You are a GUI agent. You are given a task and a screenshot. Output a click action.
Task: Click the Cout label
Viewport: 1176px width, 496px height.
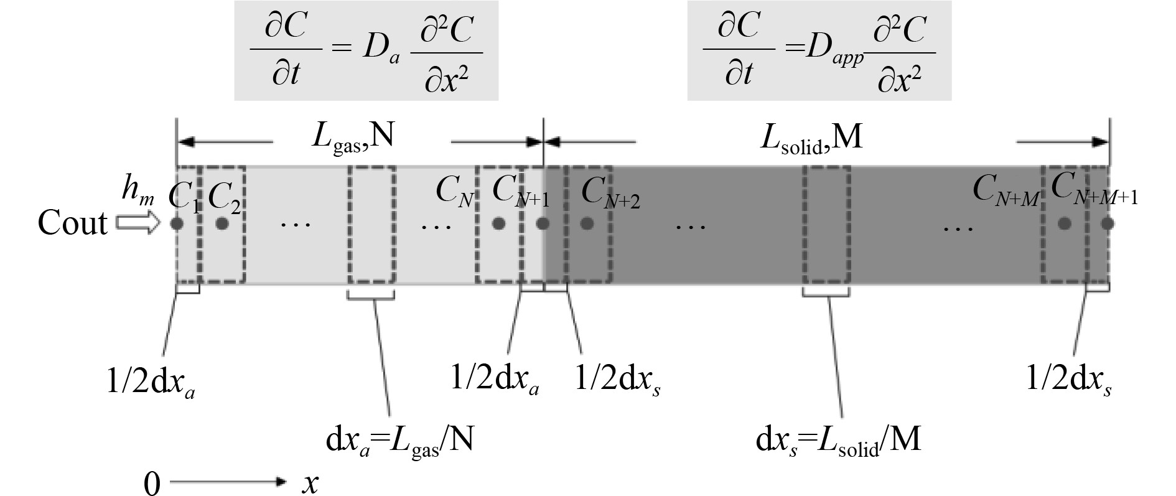(72, 223)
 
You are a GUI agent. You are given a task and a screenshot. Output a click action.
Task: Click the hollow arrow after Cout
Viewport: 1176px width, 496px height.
(137, 224)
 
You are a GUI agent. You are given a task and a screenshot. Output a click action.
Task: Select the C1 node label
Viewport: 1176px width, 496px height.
(184, 197)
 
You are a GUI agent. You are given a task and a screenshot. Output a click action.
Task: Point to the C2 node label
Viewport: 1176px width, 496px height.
(224, 197)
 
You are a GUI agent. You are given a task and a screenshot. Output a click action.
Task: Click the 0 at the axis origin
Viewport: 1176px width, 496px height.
(152, 484)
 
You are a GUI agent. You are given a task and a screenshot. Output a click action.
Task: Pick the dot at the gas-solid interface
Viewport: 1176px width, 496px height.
(543, 223)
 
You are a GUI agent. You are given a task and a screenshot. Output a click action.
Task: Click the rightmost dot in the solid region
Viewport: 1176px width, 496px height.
(1107, 223)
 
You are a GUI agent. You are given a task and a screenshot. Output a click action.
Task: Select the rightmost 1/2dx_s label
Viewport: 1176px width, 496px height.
(1069, 380)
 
